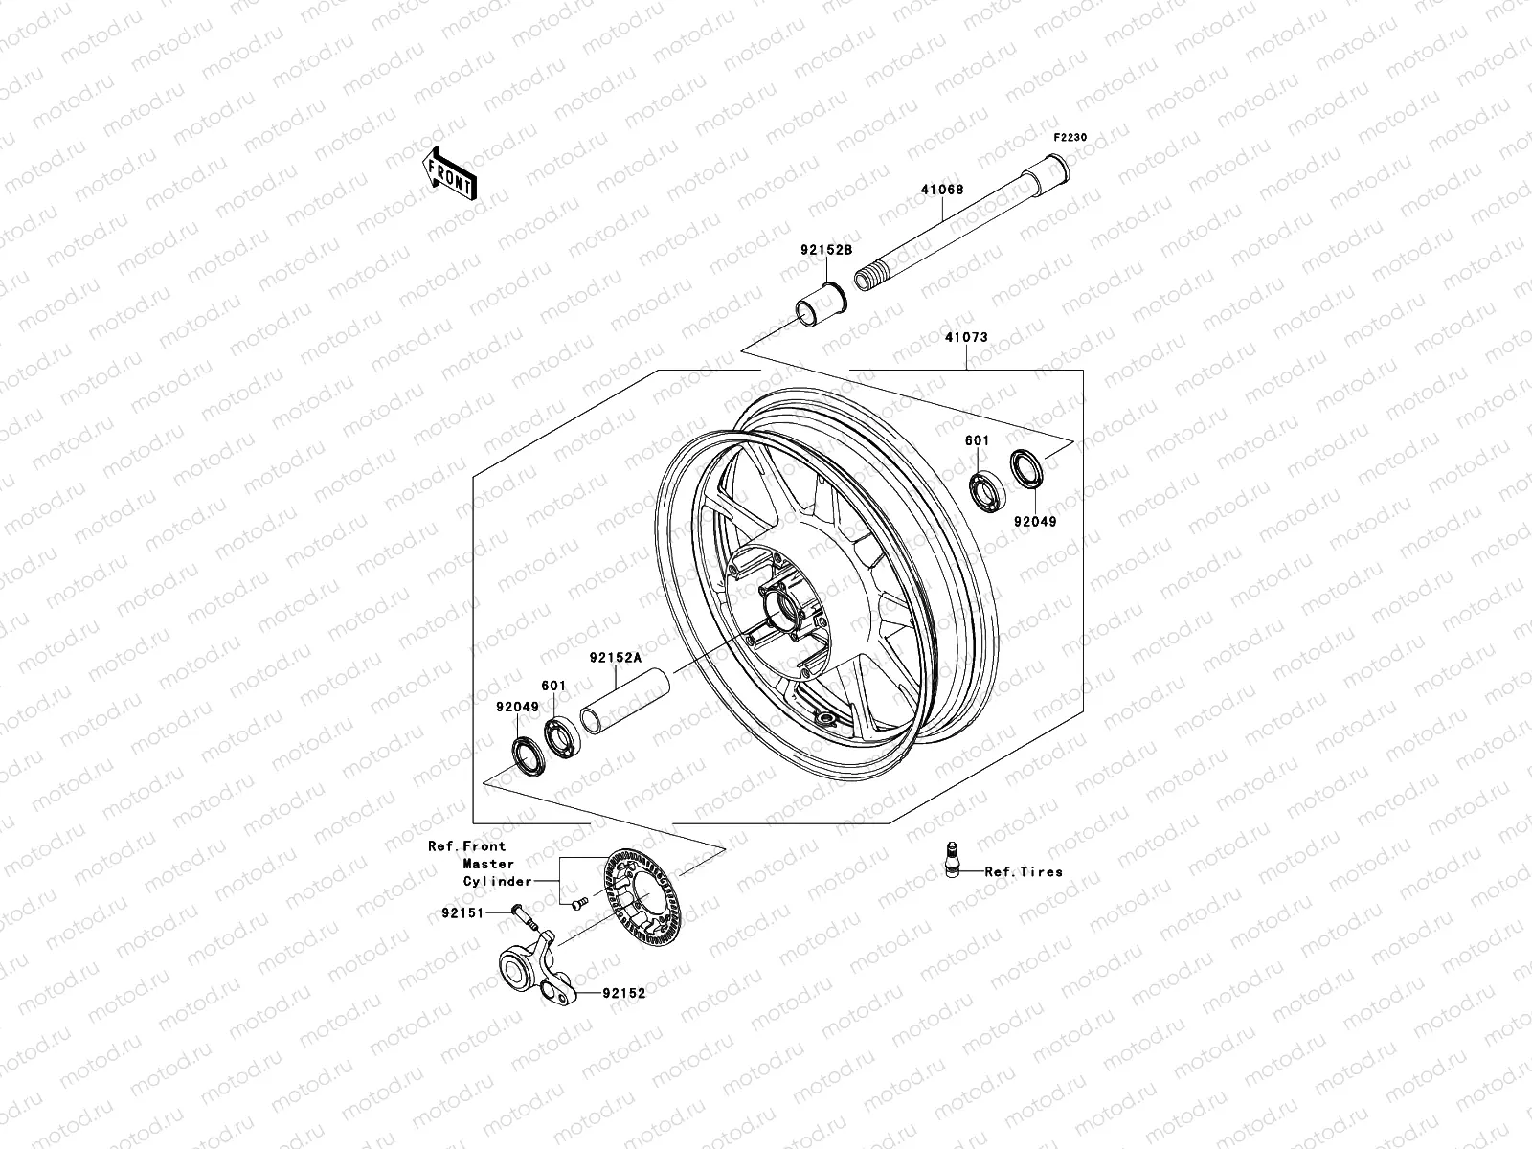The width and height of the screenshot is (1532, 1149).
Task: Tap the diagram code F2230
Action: [x=1071, y=138]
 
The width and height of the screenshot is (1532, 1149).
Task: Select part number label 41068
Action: [x=942, y=190]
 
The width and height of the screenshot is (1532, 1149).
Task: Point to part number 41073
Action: [x=966, y=337]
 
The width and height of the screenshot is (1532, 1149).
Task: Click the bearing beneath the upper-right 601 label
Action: [x=983, y=489]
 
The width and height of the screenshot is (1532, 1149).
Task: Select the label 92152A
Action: [x=615, y=658]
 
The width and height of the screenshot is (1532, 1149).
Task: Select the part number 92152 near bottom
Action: [x=623, y=993]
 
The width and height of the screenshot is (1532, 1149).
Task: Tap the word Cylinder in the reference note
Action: [x=497, y=881]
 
